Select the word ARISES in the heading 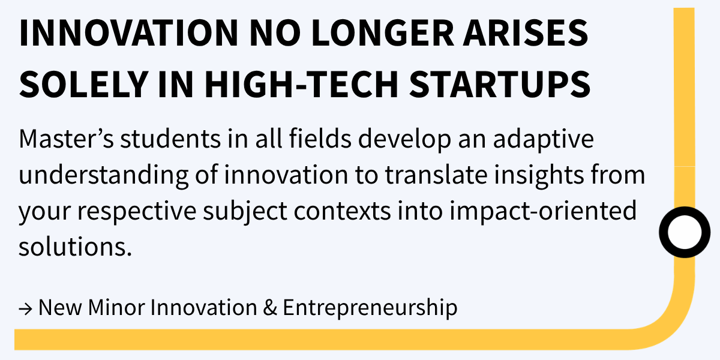click(526, 33)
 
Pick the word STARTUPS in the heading click(500, 83)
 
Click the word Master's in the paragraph click(67, 139)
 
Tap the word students click(170, 139)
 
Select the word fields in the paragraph click(320, 139)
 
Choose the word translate click(436, 175)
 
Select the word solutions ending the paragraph click(75, 247)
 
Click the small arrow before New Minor click(26, 309)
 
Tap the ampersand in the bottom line click(270, 307)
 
